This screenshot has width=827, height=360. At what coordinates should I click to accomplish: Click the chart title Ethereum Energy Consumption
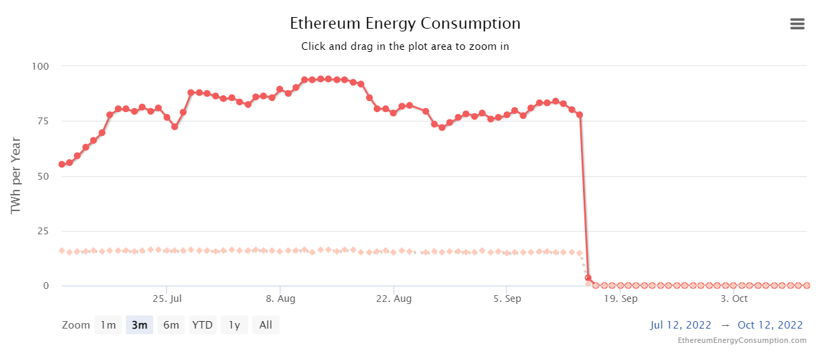pyautogui.click(x=405, y=23)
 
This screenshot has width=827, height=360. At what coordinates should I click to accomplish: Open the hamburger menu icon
pyautogui.click(x=797, y=24)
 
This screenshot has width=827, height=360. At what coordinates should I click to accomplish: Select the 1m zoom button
pyautogui.click(x=108, y=325)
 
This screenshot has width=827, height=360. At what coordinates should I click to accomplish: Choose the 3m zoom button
pyautogui.click(x=139, y=325)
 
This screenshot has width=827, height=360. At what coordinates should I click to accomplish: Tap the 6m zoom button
pyautogui.click(x=171, y=325)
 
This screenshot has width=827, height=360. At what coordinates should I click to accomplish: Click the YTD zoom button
pyautogui.click(x=202, y=325)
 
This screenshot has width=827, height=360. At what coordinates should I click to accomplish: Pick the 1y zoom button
pyautogui.click(x=234, y=325)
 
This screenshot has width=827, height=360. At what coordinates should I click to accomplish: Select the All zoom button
pyautogui.click(x=266, y=325)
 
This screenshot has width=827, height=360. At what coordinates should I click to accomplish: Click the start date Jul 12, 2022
pyautogui.click(x=681, y=325)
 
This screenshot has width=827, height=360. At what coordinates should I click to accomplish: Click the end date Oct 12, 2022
pyautogui.click(x=770, y=325)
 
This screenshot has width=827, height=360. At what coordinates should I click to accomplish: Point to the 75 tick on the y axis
pyautogui.click(x=43, y=121)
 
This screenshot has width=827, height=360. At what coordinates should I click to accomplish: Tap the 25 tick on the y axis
pyautogui.click(x=43, y=231)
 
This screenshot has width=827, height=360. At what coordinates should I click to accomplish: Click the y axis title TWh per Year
pyautogui.click(x=16, y=176)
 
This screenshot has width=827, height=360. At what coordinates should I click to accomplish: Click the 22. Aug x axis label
pyautogui.click(x=394, y=299)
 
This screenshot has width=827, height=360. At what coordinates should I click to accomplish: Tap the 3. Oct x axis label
pyautogui.click(x=734, y=299)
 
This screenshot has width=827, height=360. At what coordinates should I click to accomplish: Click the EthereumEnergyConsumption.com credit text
pyautogui.click(x=742, y=340)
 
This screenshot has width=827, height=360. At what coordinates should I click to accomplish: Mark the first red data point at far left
pyautogui.click(x=62, y=164)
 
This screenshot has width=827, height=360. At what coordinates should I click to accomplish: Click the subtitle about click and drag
pyautogui.click(x=405, y=46)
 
